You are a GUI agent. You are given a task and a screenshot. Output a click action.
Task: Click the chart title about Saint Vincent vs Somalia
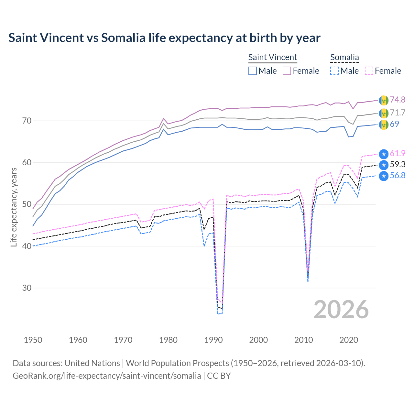[164, 38]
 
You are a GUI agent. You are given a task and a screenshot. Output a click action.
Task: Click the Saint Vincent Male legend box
[253, 71]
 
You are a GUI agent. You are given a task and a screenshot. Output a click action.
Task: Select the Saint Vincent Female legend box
[287, 71]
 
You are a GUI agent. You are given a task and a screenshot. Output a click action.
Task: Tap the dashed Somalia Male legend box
[334, 71]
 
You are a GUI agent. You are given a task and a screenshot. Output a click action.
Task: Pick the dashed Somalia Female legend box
[369, 71]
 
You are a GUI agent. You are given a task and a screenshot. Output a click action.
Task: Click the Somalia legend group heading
[344, 57]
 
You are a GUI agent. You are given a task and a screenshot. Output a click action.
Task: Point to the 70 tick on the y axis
[27, 121]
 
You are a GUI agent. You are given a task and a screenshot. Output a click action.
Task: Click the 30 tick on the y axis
[27, 288]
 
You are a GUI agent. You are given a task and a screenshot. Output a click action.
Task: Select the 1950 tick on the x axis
[33, 340]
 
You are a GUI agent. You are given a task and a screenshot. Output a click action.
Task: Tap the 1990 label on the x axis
[213, 340]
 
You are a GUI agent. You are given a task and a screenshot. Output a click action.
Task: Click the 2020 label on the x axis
[349, 340]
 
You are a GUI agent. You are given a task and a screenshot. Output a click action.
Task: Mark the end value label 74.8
[398, 100]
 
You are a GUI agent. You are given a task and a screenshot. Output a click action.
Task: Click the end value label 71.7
[398, 113]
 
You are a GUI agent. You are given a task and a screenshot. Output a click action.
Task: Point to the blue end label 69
[394, 124]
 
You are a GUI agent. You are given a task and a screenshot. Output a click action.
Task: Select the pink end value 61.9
[398, 153]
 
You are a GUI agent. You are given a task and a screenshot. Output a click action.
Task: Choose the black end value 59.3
[398, 165]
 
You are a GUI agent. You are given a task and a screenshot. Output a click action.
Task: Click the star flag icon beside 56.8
[384, 176]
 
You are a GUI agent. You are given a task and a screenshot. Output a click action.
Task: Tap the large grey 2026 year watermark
[341, 310]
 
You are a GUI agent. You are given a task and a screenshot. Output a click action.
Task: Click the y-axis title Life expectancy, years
[14, 207]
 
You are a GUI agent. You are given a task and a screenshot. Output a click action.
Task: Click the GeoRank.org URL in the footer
[107, 376]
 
